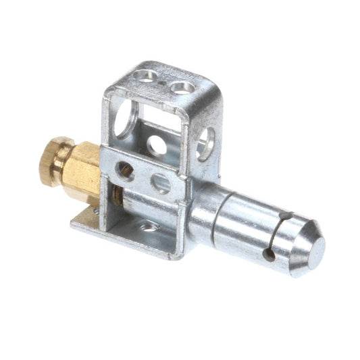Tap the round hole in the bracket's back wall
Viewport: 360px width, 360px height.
coord(157,145)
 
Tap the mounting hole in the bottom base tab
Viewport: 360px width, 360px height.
coord(149,227)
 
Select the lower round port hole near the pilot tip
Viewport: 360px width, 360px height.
coord(269,255)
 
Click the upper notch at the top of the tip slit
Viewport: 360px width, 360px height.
coord(286,217)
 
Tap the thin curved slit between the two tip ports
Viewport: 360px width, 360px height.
coord(278,235)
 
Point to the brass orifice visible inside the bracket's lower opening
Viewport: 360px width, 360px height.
coord(118,198)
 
